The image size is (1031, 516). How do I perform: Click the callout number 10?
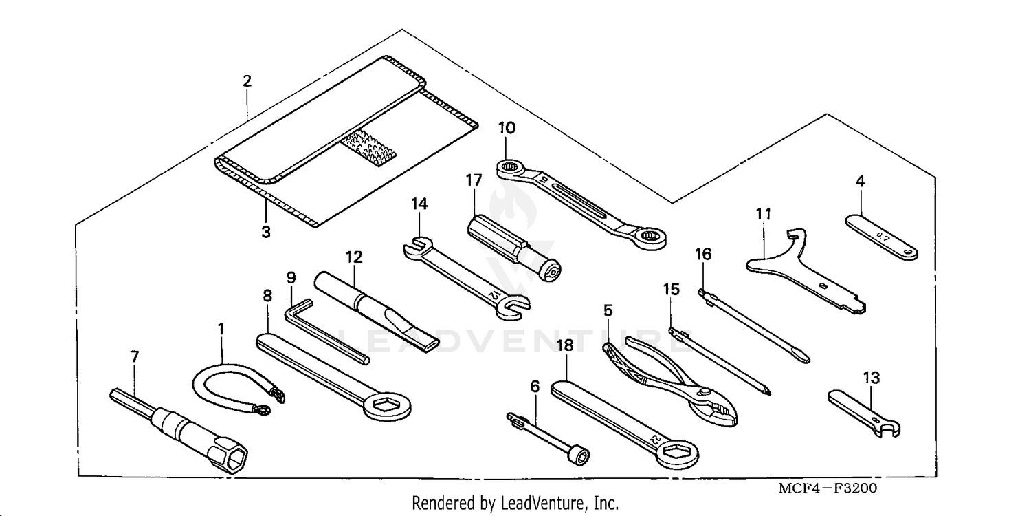click(507, 128)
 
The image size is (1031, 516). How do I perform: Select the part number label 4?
click(860, 182)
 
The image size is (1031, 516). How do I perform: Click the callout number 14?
click(419, 204)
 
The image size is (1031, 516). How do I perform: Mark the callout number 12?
click(353, 257)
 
